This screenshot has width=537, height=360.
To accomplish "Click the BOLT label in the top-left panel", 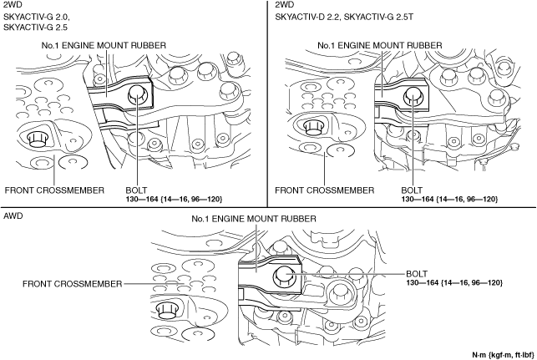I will pos(136,190).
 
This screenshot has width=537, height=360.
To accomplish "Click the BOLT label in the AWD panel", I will pos(417,272).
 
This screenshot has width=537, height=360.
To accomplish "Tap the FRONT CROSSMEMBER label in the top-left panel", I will pos(54,190).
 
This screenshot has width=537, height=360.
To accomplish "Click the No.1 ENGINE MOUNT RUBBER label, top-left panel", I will pos(104,43).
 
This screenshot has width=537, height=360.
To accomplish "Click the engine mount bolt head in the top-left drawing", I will pos(136,97).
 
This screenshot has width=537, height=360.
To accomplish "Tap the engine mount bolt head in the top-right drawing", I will pos(413,97).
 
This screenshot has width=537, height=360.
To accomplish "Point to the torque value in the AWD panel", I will pos(454,283).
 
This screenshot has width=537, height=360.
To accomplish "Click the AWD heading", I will pos(13,215).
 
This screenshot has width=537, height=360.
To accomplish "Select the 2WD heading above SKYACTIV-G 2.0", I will pos(13,5).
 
